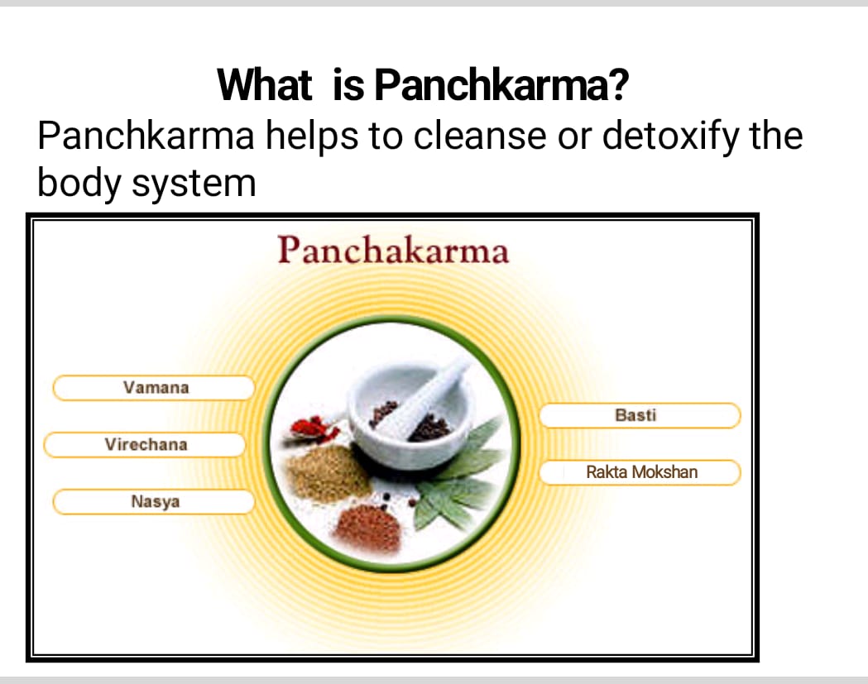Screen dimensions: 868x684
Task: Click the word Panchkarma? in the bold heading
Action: [501, 85]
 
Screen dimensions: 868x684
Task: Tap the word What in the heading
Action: [265, 85]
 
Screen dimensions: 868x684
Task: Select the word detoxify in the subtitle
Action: [670, 136]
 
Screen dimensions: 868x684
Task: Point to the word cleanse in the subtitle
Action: [479, 136]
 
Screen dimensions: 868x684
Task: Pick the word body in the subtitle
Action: [79, 183]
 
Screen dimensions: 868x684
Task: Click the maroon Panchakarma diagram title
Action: [393, 250]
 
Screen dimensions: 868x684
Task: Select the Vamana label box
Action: [154, 388]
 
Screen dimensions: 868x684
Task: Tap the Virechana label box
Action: [145, 445]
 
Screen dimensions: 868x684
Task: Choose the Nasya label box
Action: [154, 502]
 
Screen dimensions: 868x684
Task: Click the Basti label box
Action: [640, 415]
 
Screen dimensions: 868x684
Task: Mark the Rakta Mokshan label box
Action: [640, 472]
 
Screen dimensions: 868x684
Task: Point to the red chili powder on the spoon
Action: [312, 428]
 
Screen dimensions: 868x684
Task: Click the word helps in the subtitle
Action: [312, 136]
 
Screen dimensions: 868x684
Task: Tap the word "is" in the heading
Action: [348, 86]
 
